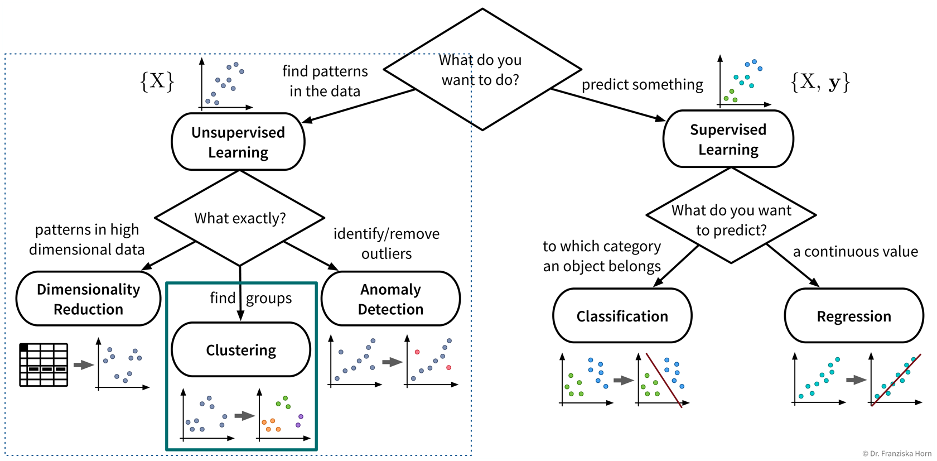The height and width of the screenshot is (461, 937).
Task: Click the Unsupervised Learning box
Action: coord(238,142)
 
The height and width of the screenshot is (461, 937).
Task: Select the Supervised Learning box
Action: coord(728,139)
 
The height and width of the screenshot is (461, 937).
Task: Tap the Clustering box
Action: coord(241,350)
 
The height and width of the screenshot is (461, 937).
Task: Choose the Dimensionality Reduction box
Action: coord(88,299)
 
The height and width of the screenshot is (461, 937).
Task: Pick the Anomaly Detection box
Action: coord(390,299)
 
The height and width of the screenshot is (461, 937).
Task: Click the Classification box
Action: coord(622,316)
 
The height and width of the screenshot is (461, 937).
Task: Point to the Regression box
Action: coord(853,316)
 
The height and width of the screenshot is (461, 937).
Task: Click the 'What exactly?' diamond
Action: coord(240,218)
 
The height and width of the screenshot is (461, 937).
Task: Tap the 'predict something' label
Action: coord(642,84)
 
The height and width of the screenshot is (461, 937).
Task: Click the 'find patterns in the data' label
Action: coord(325,81)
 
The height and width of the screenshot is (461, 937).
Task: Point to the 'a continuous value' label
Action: coord(855,252)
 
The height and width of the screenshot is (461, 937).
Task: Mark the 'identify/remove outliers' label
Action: coord(386,243)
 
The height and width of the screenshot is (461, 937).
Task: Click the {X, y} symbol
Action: coord(820,82)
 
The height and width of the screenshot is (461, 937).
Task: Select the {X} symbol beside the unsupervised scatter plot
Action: coord(157,81)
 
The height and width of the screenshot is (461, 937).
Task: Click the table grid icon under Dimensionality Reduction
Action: coord(44,364)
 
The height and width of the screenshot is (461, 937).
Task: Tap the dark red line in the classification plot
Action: coord(664,380)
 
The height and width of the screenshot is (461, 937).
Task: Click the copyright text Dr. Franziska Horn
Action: coord(896,454)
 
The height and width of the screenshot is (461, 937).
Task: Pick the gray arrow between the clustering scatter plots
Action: coord(244,416)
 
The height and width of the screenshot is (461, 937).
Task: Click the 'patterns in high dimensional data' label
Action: coord(87,239)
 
